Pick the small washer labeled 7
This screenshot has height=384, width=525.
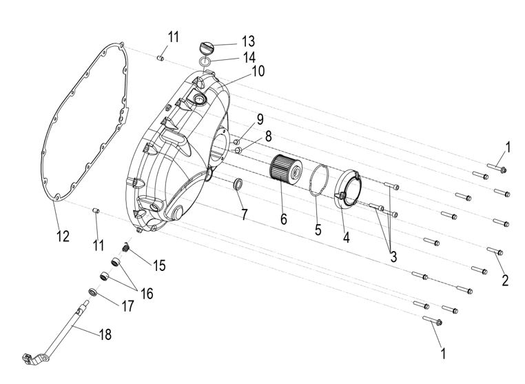pyautogui.click(x=238, y=185)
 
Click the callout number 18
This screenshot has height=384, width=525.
pyautogui.click(x=105, y=334)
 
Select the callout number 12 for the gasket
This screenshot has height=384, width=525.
pyautogui.click(x=63, y=237)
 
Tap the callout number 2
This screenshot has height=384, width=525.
pyautogui.click(x=505, y=280)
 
